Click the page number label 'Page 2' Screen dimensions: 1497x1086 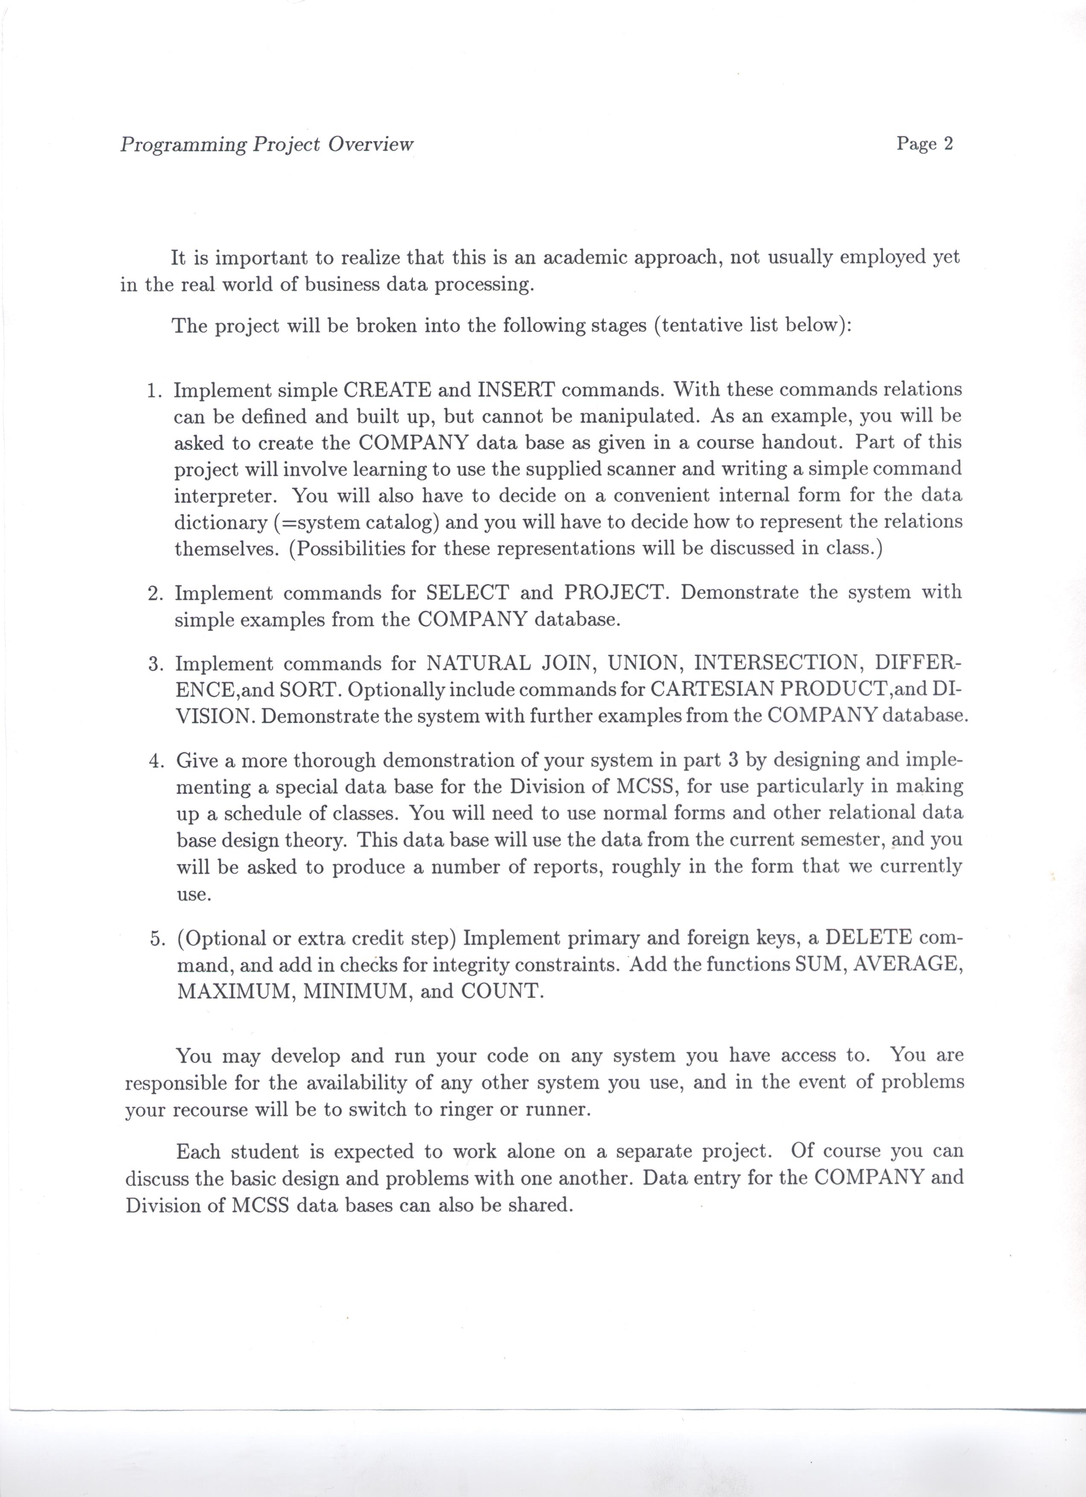[924, 144]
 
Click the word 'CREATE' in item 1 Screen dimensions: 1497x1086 [387, 390]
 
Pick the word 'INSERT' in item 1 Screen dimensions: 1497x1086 [516, 390]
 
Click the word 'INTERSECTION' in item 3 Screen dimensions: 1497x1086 [774, 662]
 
